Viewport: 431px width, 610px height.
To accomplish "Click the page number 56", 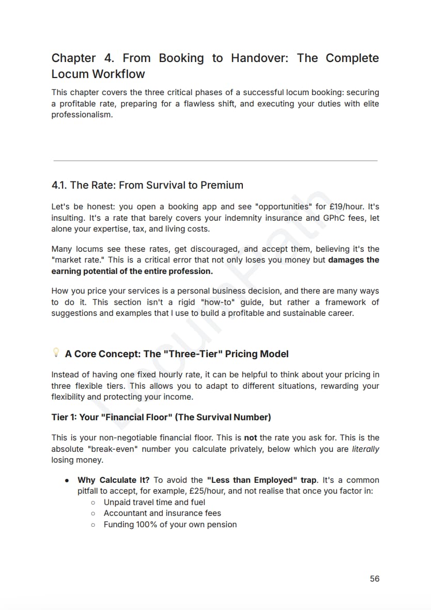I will pyautogui.click(x=375, y=578).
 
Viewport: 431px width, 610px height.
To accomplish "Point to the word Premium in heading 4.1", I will pyautogui.click(x=222, y=185).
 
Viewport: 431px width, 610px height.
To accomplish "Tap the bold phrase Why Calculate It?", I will pyautogui.click(x=113, y=480).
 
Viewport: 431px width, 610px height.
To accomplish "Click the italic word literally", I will pyautogui.click(x=365, y=449).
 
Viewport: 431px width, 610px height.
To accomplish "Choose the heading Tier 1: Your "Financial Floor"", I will pyautogui.click(x=161, y=417).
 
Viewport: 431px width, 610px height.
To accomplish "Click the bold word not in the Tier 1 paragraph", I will pyautogui.click(x=250, y=437).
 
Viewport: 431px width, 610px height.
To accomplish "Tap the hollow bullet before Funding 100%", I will pyautogui.click(x=93, y=525).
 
